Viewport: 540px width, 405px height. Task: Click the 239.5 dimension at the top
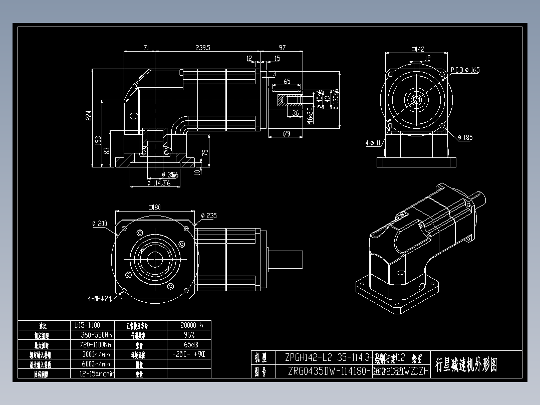(203, 48)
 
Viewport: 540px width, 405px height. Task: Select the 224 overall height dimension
(89, 116)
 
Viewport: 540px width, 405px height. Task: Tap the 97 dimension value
(282, 48)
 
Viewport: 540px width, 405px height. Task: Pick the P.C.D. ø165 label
(464, 70)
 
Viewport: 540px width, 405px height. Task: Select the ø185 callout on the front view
(464, 137)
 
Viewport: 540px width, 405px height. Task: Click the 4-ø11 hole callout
(374, 143)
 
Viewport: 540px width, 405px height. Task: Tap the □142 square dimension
(417, 49)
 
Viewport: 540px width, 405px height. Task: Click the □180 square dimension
(154, 208)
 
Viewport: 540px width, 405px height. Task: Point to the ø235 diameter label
(208, 216)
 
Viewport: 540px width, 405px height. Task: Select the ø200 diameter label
(100, 224)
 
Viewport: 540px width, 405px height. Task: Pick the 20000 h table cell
(188, 325)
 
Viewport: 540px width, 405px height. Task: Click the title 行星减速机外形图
(466, 365)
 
